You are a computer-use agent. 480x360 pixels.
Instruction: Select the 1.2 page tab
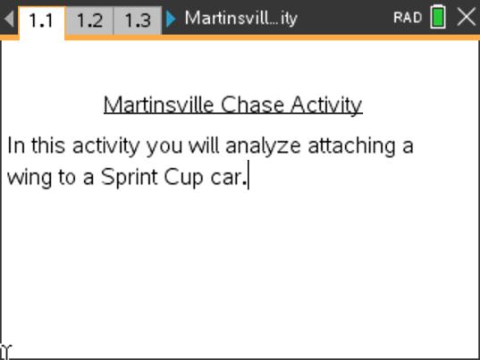coord(89,19)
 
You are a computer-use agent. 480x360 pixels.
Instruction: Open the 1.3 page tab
coord(137,19)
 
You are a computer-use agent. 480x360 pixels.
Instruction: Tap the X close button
coord(466,17)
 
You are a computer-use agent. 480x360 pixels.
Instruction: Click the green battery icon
coord(438,18)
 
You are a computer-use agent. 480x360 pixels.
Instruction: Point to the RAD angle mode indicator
coord(407,18)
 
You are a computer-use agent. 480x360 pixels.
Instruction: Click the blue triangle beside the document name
coord(172,18)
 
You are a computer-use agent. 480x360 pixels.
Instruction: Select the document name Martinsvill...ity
coord(240,18)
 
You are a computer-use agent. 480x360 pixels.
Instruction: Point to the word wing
coord(29,178)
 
